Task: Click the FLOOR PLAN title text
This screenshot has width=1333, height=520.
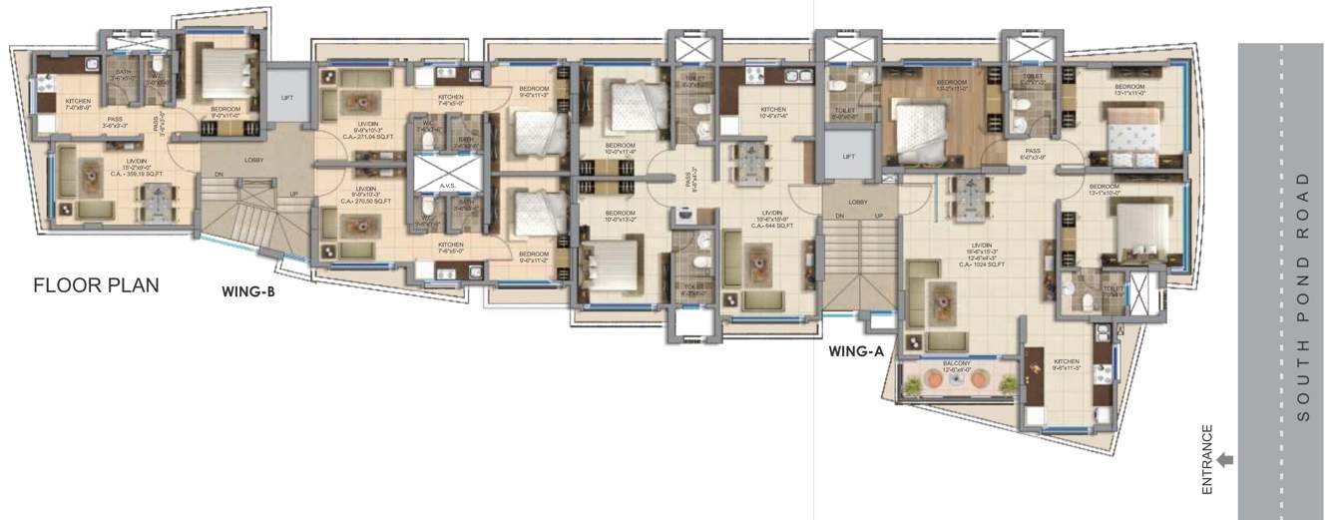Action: click(x=96, y=285)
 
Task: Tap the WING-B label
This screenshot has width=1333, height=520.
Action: click(x=248, y=292)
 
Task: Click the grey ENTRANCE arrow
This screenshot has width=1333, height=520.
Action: click(x=1225, y=460)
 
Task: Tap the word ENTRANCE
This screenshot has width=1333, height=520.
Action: click(x=1206, y=460)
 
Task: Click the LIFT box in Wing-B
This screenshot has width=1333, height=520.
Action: click(x=287, y=98)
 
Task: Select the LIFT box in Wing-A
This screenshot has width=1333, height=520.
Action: click(x=848, y=157)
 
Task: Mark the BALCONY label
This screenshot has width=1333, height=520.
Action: click(x=947, y=364)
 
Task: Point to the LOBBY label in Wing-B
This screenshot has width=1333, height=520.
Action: click(x=252, y=159)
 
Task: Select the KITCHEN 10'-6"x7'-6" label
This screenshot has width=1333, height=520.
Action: click(x=773, y=113)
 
